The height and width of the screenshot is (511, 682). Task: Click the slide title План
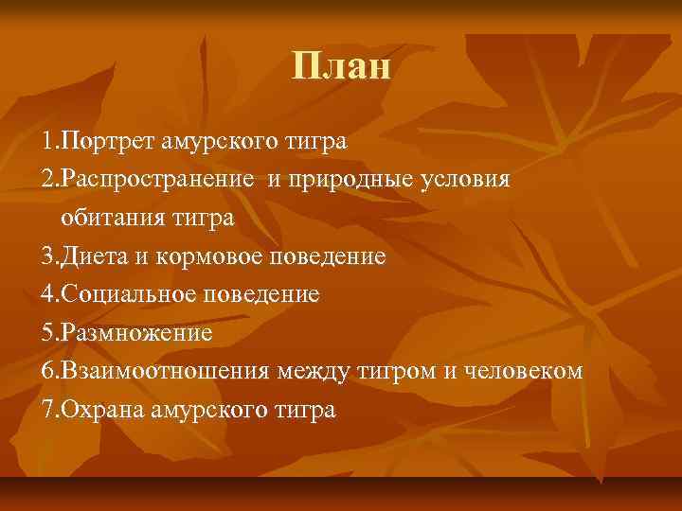pos(341,66)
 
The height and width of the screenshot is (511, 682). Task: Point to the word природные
pos(350,181)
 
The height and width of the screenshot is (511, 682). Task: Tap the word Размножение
pos(134,334)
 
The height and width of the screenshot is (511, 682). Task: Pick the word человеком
pos(512,372)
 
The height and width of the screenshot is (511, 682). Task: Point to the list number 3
pos(48,257)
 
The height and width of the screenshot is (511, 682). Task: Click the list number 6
pos(48,372)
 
